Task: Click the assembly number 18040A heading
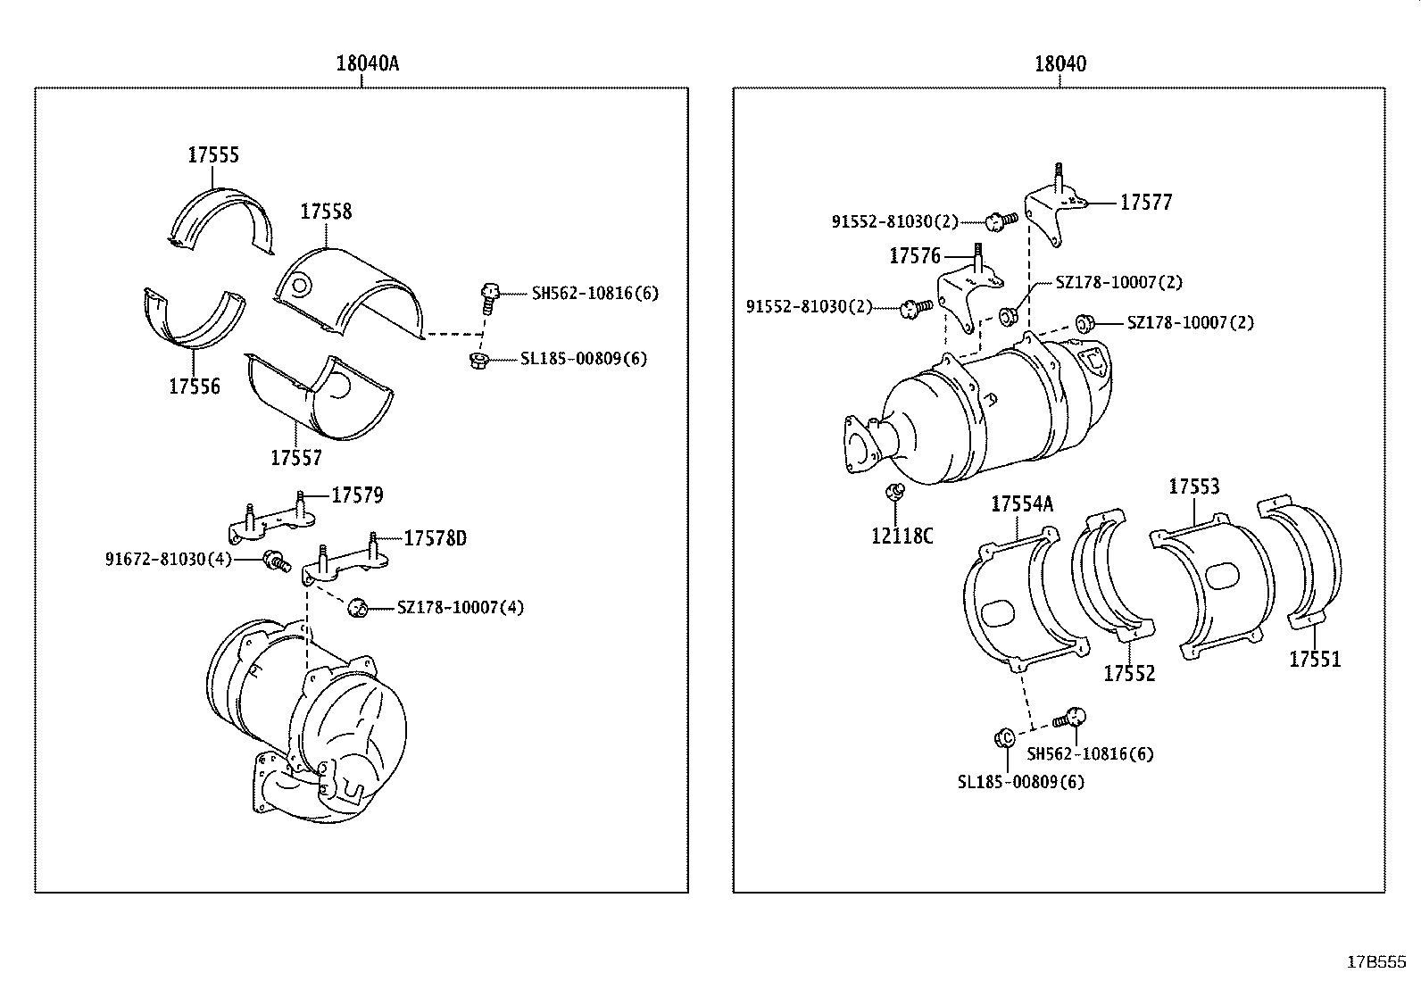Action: tap(367, 63)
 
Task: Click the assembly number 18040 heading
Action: tap(1060, 63)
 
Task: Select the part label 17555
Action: tap(213, 154)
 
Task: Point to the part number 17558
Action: tap(326, 212)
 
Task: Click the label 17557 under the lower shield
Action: tap(296, 458)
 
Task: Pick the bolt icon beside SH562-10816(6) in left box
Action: tap(487, 296)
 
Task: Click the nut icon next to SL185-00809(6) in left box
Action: tap(478, 360)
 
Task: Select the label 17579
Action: tap(357, 495)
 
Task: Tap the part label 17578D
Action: tap(436, 538)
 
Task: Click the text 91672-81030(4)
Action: tap(169, 560)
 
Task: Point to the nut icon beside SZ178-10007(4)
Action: tap(359, 607)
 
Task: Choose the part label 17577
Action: tap(1146, 203)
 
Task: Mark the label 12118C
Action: tap(902, 536)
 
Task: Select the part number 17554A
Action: tap(1022, 504)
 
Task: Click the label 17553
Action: tap(1194, 486)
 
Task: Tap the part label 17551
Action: tap(1315, 660)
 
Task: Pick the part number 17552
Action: tap(1129, 674)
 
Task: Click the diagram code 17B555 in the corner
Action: tap(1375, 962)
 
